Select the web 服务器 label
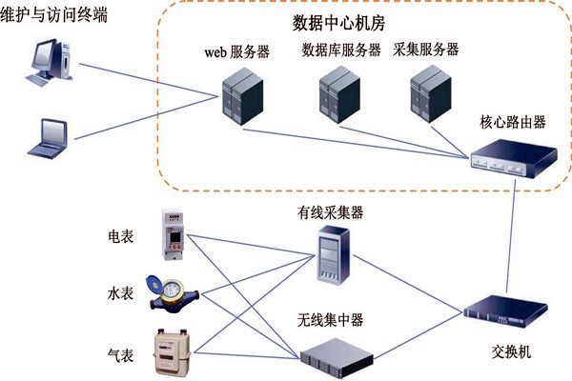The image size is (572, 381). (236, 51)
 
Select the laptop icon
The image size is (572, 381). (48, 137)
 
